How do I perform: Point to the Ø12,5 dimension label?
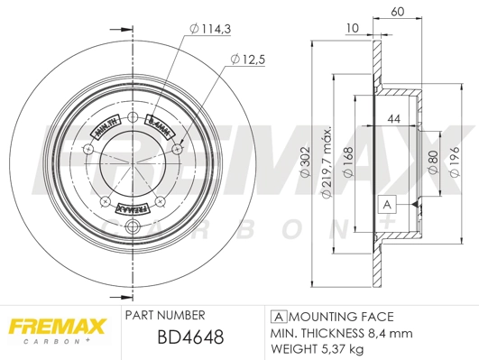pos(250,60)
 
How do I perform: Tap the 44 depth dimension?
pos(393,119)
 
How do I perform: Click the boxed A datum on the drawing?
pos(387,204)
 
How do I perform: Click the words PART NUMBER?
pos(164,315)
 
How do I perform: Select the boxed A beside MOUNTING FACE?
pos(279,316)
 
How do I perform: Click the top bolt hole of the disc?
pos(133,117)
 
